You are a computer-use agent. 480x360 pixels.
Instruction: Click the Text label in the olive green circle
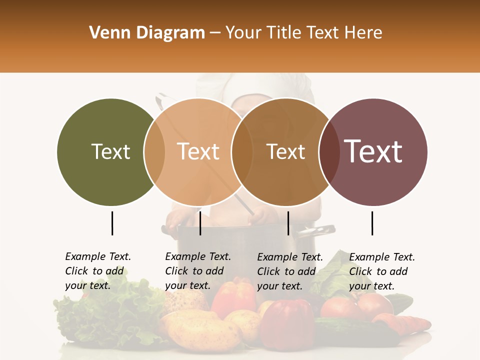[110, 151]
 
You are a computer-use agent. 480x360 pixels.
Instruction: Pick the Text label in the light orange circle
[198, 151]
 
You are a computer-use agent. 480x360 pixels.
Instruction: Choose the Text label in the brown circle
[285, 151]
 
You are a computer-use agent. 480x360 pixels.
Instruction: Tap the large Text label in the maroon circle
[373, 151]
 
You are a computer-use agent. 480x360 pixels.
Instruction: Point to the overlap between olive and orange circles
[154, 151]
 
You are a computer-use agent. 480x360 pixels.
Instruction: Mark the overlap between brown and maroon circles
[328, 151]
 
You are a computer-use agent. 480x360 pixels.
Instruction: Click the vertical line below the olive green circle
[112, 223]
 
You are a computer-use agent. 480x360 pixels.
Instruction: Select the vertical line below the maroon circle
[372, 223]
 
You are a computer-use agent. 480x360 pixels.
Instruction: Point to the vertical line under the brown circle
[288, 223]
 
